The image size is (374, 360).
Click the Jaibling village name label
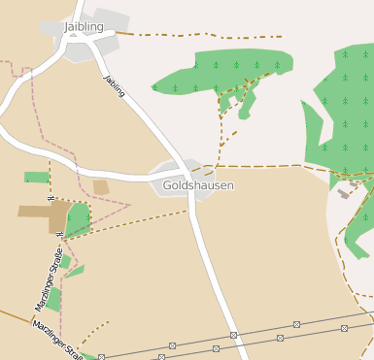tap(84, 27)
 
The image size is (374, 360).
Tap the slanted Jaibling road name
tap(115, 85)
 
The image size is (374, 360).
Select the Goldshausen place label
tap(198, 184)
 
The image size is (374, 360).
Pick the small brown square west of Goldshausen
tap(101, 187)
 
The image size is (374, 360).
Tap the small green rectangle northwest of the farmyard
tap(37, 178)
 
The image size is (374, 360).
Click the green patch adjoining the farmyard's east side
tap(78, 218)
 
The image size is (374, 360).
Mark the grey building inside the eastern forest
tap(344, 193)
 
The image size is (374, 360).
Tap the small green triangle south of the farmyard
tap(74, 271)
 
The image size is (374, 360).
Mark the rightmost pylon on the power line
tap(344, 329)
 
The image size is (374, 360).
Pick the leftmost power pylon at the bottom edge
tap(101, 357)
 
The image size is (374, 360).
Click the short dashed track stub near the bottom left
tap(93, 332)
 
